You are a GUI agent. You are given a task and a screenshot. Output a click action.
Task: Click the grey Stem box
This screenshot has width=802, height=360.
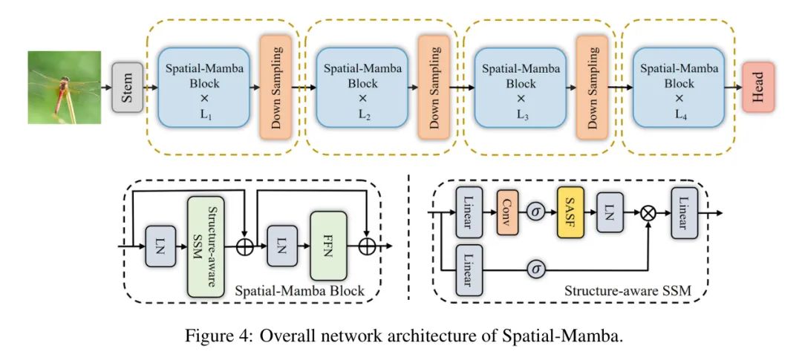127,88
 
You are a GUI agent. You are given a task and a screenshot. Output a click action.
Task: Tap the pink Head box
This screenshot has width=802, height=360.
758,88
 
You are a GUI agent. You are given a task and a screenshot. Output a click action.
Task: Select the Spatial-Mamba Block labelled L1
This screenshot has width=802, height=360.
203,88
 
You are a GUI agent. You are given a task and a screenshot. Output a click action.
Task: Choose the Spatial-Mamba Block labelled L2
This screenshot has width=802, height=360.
362,88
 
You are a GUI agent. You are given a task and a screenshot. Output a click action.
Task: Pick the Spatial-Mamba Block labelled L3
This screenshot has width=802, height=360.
521,88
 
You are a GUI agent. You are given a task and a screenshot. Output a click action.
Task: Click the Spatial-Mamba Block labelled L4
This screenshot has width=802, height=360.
679,88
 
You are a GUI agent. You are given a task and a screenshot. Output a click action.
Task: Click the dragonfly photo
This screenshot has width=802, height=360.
64,87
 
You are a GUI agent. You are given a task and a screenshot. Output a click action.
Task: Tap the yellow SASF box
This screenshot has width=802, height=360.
570,212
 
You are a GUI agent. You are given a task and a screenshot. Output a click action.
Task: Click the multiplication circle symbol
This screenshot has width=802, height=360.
650,213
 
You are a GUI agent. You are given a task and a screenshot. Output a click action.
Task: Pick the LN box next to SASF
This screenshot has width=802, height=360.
609,212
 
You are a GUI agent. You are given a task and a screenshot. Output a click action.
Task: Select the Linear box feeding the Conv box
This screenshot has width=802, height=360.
469,212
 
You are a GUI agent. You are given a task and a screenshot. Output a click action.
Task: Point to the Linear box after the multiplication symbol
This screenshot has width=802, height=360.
684,212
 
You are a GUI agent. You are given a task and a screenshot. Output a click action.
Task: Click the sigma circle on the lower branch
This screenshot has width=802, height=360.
535,269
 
